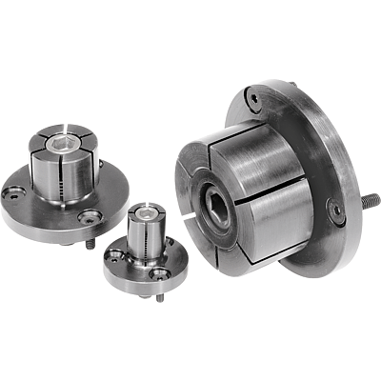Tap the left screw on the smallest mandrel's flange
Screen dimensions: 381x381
(116, 255)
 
